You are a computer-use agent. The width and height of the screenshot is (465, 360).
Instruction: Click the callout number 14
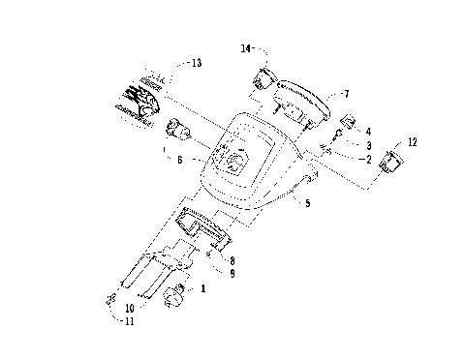tap(246, 46)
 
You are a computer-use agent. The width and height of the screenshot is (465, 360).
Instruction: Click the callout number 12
tap(414, 142)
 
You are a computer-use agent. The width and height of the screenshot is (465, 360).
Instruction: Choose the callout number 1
tap(202, 288)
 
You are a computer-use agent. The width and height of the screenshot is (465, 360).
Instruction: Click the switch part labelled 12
tap(394, 162)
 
